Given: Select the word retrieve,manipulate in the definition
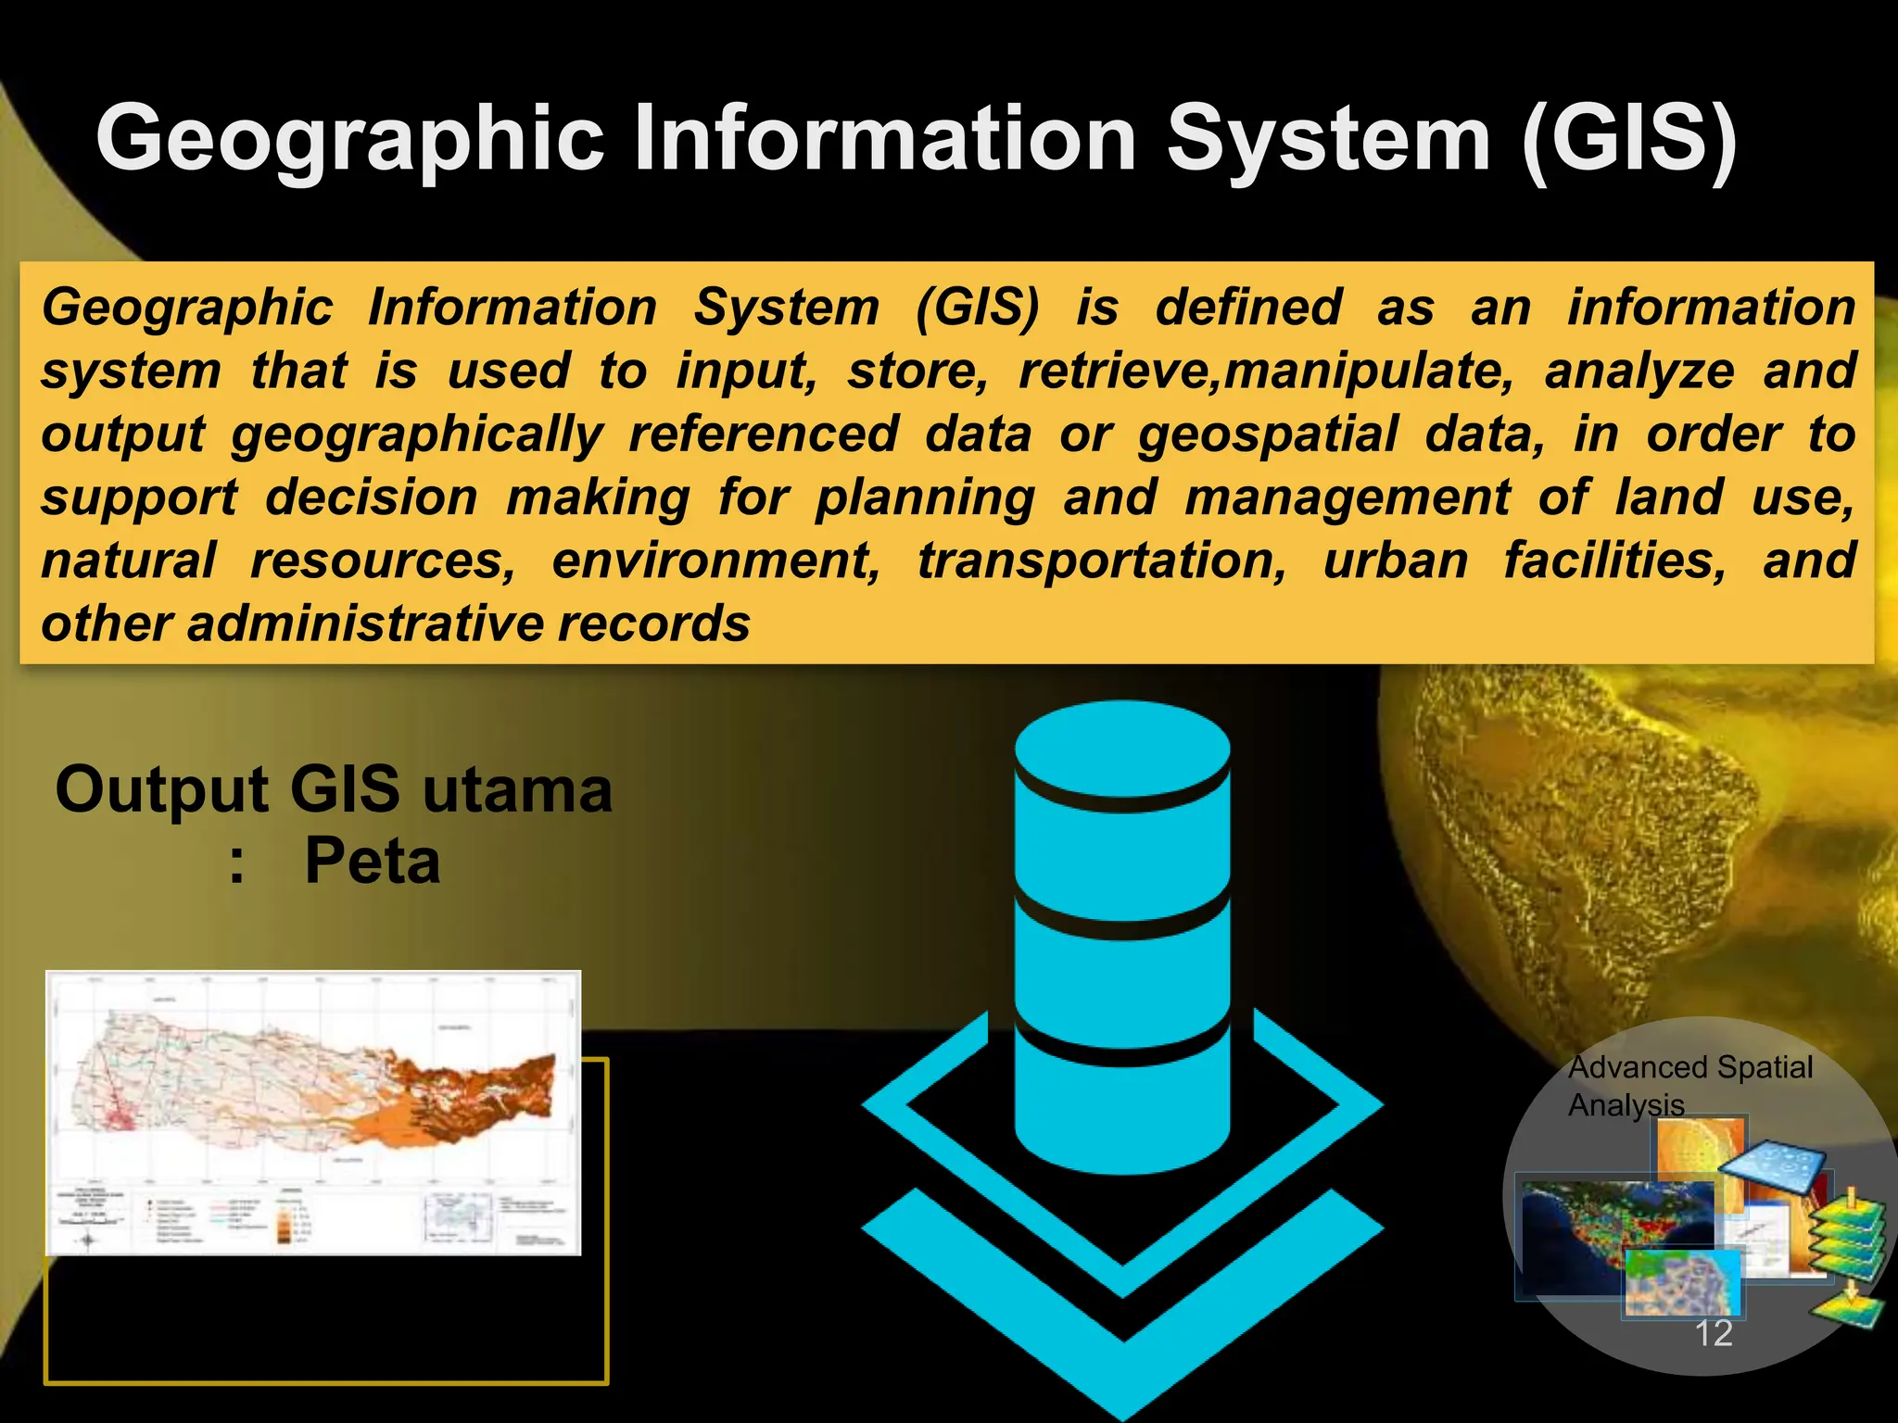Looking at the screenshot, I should [x=1266, y=371].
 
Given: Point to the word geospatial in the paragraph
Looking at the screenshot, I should [x=1267, y=434].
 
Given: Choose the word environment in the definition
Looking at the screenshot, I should [x=715, y=560].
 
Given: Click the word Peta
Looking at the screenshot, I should [x=372, y=862].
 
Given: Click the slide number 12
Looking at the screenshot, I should [x=1713, y=1333].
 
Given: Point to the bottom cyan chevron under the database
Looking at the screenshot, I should [x=1122, y=1316].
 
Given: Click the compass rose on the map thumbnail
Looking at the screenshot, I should [x=88, y=1240].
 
